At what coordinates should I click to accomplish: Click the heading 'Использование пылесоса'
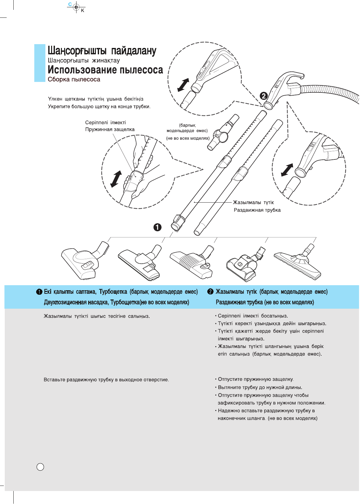pos(105,70)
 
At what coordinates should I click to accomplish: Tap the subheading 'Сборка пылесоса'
pos(74,79)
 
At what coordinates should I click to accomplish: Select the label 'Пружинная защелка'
pos(110,130)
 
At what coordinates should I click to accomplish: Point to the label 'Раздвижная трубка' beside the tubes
pos(257,210)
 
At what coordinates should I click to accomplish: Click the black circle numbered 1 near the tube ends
pos(157,227)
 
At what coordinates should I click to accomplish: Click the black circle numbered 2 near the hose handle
pos(264,95)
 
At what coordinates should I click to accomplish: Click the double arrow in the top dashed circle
pos(183,85)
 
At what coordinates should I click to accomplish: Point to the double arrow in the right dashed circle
pos(287,170)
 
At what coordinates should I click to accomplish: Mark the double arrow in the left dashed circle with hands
pos(116,179)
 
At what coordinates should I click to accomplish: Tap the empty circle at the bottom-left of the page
pos(40,467)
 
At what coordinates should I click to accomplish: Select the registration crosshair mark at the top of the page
pos(76,7)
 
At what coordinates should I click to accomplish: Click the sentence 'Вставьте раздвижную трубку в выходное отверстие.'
pos(106,380)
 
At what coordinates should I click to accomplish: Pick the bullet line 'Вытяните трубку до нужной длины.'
pos(260,387)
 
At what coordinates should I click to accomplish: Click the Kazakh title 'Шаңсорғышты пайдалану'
pos(102,51)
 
